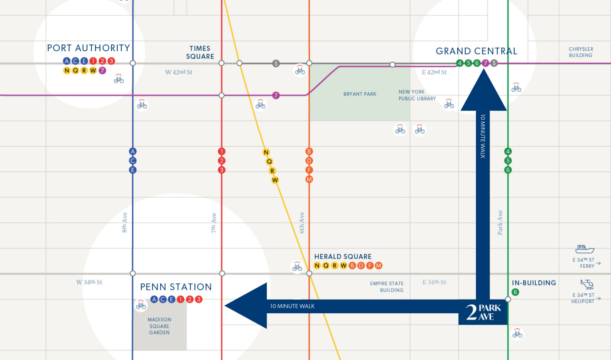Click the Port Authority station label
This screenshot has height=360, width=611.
click(89, 48)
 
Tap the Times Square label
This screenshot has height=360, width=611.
click(200, 53)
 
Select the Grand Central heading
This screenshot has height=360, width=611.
click(476, 51)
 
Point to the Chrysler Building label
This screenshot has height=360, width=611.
click(581, 52)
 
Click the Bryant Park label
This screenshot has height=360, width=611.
click(360, 94)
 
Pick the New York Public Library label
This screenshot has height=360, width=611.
click(417, 95)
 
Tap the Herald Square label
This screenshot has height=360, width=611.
click(343, 256)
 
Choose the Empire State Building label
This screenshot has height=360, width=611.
click(387, 287)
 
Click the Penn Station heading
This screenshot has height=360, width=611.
click(176, 287)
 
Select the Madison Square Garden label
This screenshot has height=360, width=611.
click(159, 326)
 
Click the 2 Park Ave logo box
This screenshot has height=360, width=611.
click(483, 312)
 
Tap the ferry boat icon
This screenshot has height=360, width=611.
click(584, 249)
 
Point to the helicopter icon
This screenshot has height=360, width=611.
click(587, 284)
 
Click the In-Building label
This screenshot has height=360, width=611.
click(534, 283)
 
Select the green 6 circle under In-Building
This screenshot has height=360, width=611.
click(515, 292)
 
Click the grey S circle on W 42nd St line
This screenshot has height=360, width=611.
click(276, 64)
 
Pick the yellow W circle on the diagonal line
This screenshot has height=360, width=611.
click(275, 180)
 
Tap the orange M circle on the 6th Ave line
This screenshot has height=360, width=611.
click(309, 179)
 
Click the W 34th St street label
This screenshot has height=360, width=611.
click(89, 282)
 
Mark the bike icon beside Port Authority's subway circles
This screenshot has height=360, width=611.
click(119, 79)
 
